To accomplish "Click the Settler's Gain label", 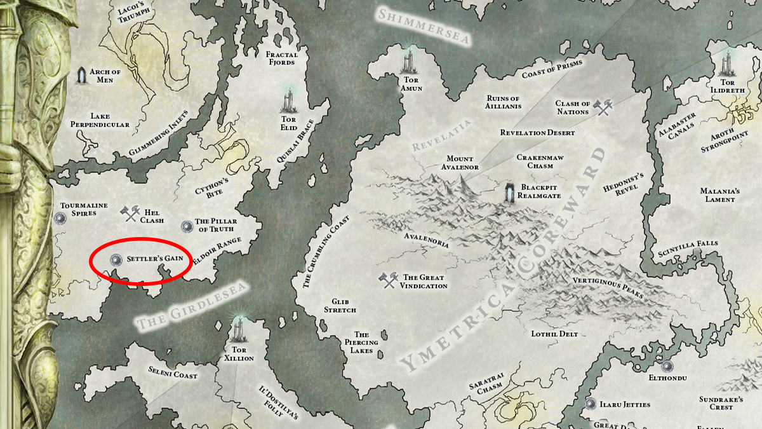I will (x=147, y=259).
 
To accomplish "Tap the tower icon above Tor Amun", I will (x=408, y=60).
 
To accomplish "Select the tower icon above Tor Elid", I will (x=289, y=101).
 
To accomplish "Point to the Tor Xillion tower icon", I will (x=239, y=332).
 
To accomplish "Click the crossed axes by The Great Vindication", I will (x=387, y=280).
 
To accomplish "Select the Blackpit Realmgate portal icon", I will (x=510, y=193).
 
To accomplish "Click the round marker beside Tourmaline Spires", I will (x=60, y=219).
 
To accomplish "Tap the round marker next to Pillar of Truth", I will (x=186, y=227).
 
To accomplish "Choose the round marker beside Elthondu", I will (x=666, y=367).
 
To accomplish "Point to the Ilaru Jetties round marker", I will (x=591, y=403).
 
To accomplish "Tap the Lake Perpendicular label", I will (x=101, y=120).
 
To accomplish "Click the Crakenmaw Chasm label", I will (x=540, y=161).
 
